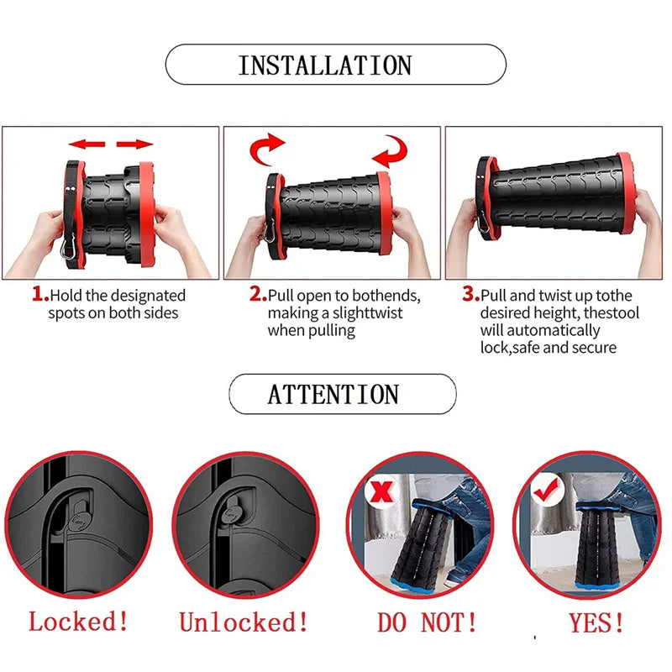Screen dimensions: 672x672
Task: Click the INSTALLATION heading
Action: pos(324,65)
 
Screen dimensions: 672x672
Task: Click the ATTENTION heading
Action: pos(333,394)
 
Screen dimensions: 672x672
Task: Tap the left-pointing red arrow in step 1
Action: pos(86,144)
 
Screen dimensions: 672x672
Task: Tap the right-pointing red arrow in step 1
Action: pos(134,144)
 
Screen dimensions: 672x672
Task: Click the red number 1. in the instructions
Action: pos(39,295)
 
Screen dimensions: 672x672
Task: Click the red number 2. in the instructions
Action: pos(258,295)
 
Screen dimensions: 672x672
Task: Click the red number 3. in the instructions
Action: pos(471,295)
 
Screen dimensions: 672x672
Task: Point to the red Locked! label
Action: pos(79,622)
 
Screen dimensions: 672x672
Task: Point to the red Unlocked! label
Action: pos(244,622)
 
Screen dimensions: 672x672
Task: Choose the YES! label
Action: pos(596,622)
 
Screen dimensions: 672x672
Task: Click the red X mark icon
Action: pos(381,492)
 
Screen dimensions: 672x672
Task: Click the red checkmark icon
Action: pos(546,489)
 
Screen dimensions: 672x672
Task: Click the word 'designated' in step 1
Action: pos(148,296)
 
